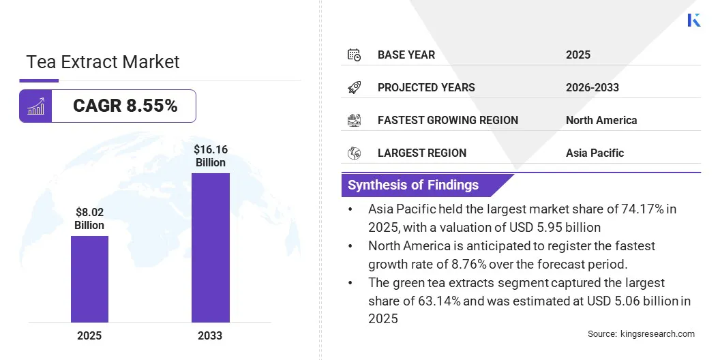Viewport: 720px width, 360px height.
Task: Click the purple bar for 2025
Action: tap(89, 279)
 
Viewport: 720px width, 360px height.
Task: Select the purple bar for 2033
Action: tap(210, 247)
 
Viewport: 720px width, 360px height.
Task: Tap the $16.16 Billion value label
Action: tap(210, 155)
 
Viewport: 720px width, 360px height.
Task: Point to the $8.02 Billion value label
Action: tap(89, 219)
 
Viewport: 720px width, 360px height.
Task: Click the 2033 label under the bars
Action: tap(210, 335)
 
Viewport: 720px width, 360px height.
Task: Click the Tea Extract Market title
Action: tap(103, 62)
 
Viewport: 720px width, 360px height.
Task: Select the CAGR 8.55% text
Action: tap(125, 106)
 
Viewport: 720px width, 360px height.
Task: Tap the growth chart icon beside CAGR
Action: tap(35, 106)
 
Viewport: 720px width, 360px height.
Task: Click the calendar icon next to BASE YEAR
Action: tap(354, 55)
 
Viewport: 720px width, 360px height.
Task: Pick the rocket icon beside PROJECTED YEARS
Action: tap(354, 87)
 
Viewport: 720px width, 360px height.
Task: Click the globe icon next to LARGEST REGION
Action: tap(354, 153)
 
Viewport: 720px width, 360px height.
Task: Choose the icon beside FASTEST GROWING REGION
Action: tap(354, 120)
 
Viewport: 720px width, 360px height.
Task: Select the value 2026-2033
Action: tap(592, 87)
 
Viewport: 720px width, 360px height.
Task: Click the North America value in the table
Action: tap(601, 120)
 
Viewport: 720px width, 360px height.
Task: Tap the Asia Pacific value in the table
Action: tap(595, 153)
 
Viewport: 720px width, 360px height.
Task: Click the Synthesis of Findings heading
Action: tap(413, 185)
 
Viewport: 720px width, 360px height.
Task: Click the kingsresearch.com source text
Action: tap(657, 334)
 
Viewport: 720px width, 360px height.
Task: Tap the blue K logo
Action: tap(694, 20)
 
